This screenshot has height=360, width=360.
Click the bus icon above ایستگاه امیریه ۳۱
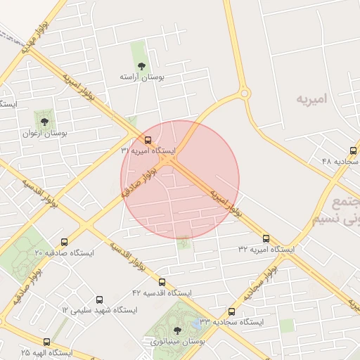pyautogui.click(x=148, y=140)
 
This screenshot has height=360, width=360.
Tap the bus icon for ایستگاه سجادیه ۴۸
pyautogui.click(x=353, y=150)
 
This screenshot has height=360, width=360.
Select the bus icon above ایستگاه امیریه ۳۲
pyautogui.click(x=266, y=238)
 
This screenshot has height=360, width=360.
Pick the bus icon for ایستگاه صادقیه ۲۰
pyautogui.click(x=65, y=242)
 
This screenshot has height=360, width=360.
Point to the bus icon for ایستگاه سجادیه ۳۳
pyautogui.click(x=232, y=311)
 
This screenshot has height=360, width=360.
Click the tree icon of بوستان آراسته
pyautogui.click(x=141, y=66)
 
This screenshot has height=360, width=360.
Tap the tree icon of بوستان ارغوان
pyautogui.click(x=45, y=122)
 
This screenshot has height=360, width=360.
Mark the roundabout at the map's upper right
pyautogui.click(x=244, y=92)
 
